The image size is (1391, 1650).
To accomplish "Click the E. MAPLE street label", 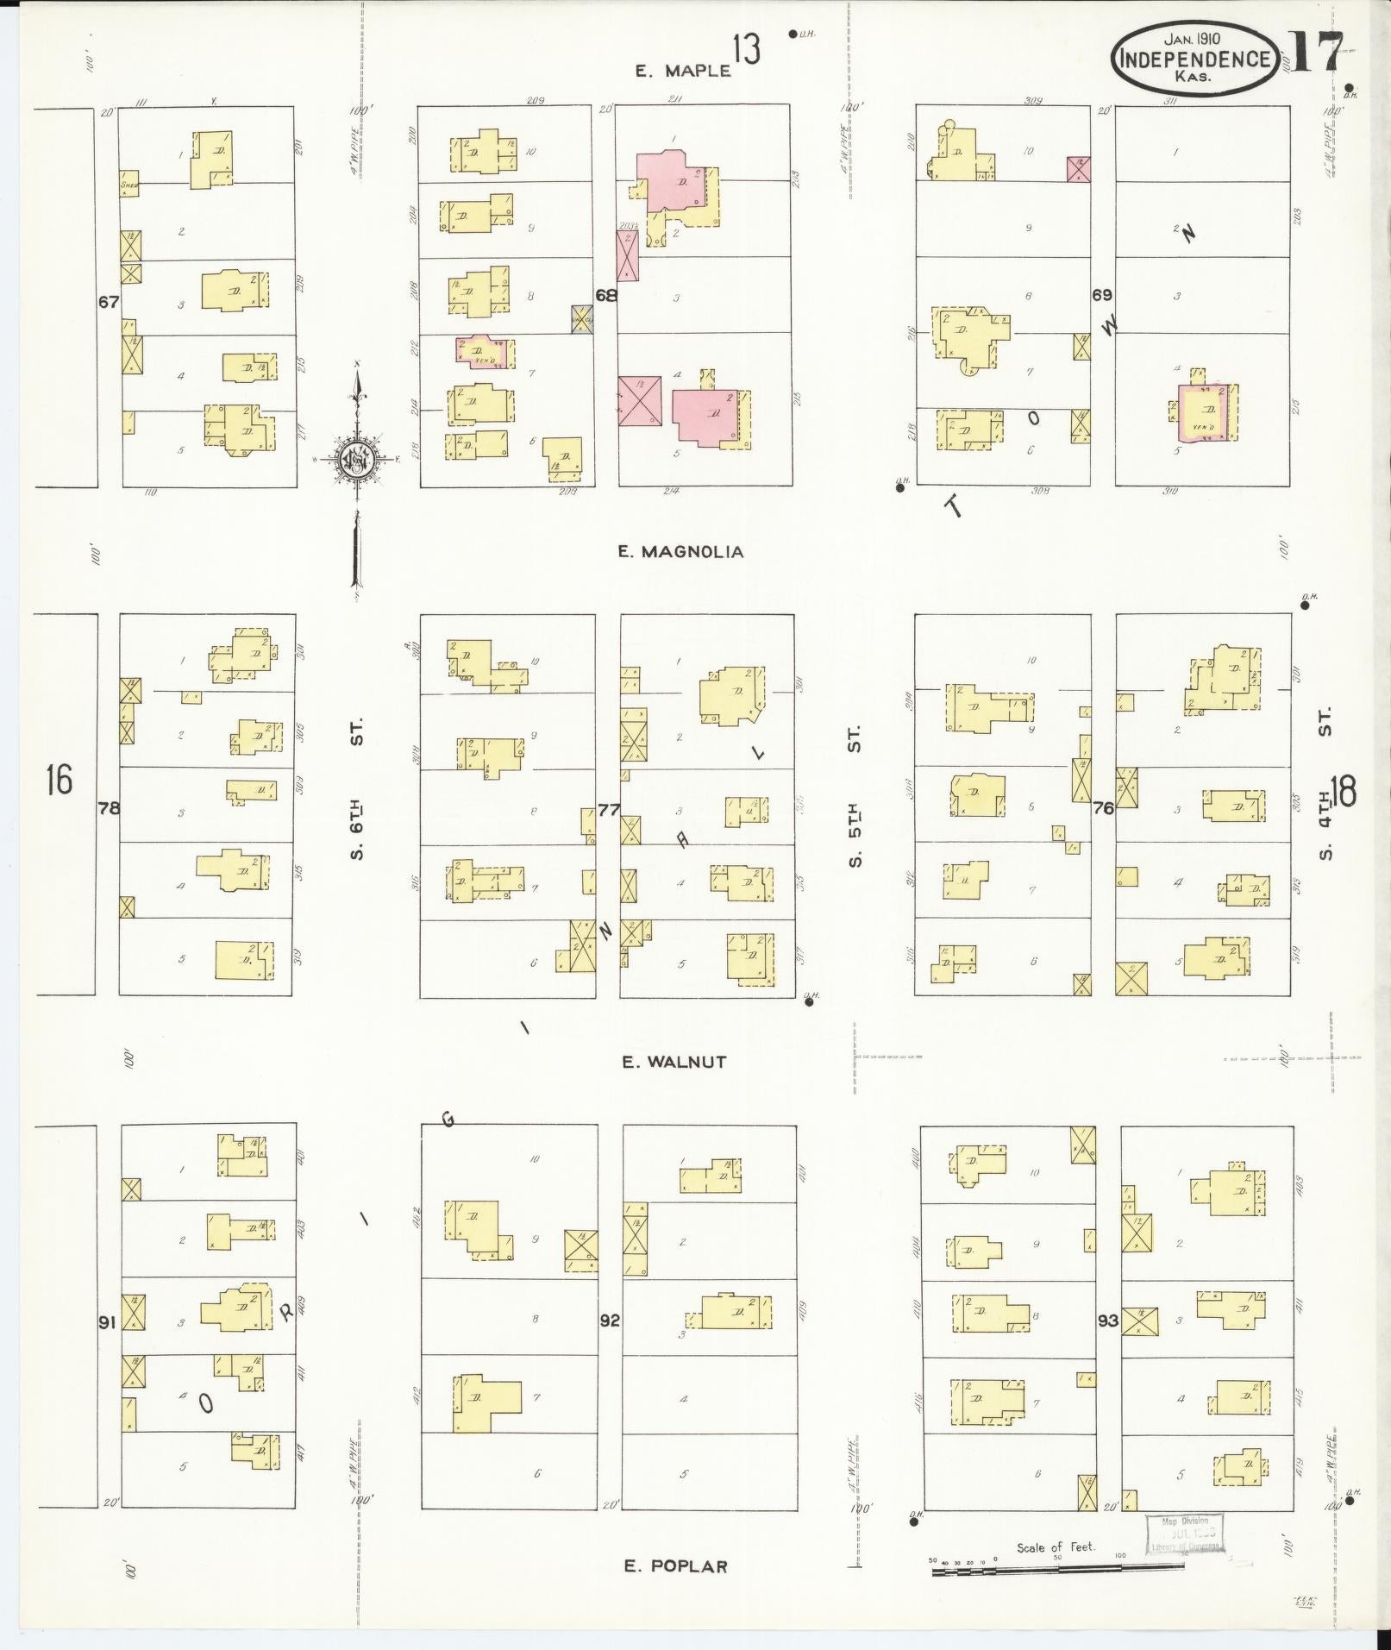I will (x=683, y=71).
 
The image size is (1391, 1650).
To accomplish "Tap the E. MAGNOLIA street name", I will (x=680, y=552).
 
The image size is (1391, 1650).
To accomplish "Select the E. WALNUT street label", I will (x=674, y=1062).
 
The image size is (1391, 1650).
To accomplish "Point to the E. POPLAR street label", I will (x=676, y=1566).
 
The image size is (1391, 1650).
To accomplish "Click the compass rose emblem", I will (x=354, y=458).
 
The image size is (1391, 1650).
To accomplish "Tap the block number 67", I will (x=109, y=302).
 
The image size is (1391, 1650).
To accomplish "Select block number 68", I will (x=606, y=295).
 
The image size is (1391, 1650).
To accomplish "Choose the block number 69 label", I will (x=1101, y=295).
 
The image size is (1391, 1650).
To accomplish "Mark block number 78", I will (x=109, y=808).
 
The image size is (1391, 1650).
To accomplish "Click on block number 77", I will (x=609, y=809).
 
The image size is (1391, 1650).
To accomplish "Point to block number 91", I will (x=107, y=1321).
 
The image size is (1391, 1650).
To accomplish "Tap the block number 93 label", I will (x=1107, y=1321).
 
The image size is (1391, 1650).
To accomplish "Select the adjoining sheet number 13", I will (x=747, y=49).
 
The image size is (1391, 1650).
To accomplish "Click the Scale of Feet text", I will (x=1056, y=1546).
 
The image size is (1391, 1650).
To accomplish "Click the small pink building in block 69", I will (x=1079, y=169).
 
